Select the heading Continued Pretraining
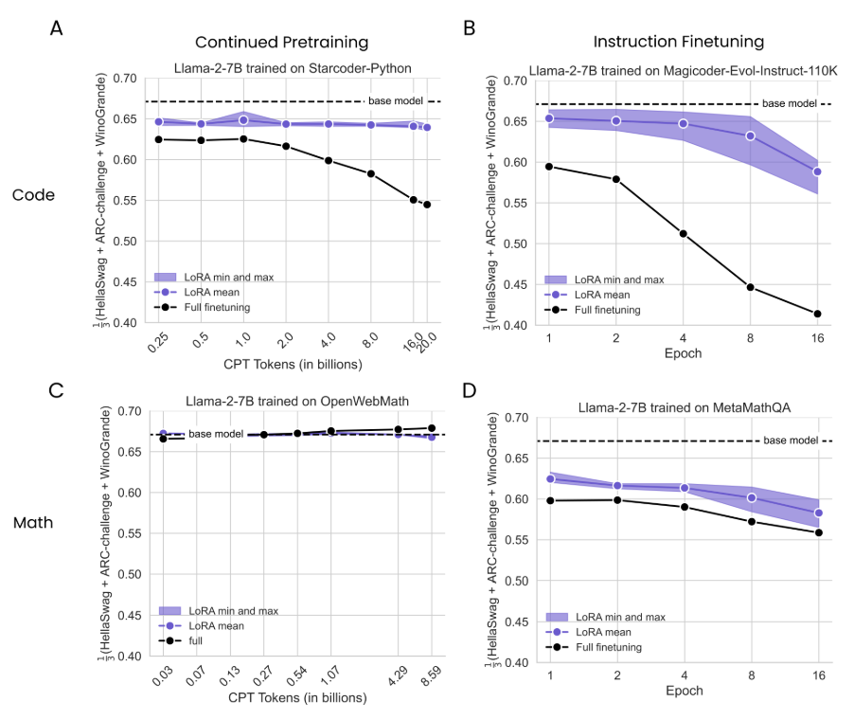pos(281,43)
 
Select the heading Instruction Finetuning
pos(678,43)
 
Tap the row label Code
pos(33,195)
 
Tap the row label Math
pos(33,522)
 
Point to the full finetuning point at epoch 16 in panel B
pos(816,314)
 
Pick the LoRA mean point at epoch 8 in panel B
pos(750,135)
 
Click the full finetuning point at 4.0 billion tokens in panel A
pos(329,160)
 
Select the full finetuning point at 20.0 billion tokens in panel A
pos(428,205)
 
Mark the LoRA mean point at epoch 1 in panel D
pos(549,479)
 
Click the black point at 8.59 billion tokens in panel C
pos(432,428)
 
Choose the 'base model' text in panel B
pos(788,103)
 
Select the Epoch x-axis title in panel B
pos(683,354)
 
